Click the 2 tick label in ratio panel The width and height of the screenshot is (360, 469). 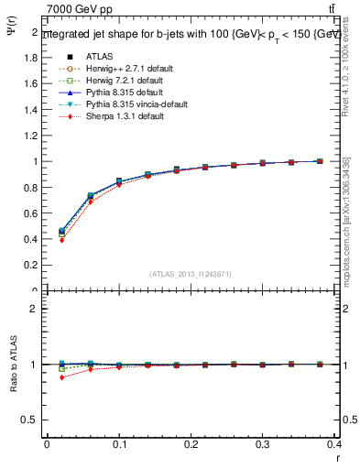[x=35, y=309]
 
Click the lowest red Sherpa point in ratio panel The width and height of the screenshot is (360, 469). [x=61, y=377]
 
